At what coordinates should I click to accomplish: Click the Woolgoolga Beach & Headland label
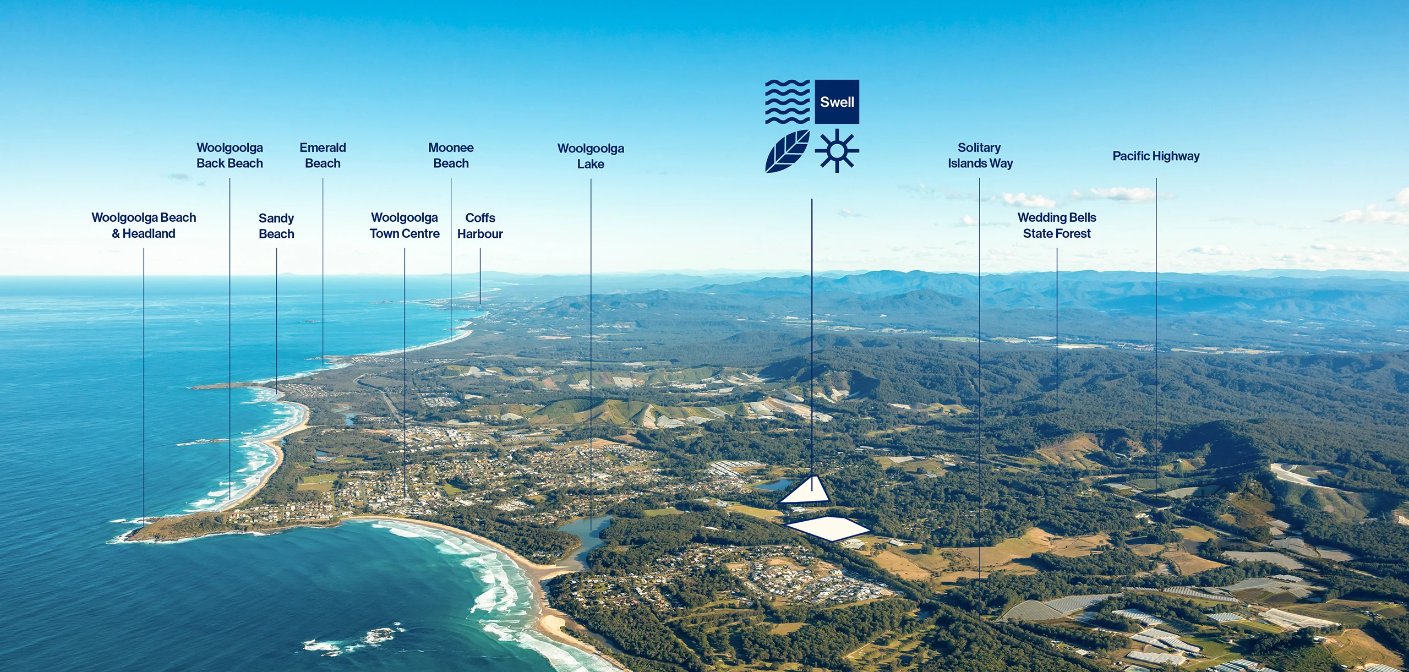[x=144, y=226]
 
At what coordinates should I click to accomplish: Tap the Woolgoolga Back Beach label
[x=230, y=156]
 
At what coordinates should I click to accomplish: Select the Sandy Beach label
[x=276, y=226]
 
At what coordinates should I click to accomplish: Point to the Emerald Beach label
[x=323, y=156]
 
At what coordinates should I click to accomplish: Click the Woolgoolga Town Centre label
[x=405, y=226]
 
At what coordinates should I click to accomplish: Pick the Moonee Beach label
[x=451, y=156]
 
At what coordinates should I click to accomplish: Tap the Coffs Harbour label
[x=480, y=226]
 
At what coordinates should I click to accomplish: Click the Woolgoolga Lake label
[x=591, y=156]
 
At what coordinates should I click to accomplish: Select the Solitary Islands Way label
[x=980, y=156]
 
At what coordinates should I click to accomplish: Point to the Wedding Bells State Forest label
[x=1057, y=226]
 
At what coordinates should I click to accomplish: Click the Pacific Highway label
[x=1156, y=156]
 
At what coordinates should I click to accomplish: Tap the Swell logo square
[x=837, y=102]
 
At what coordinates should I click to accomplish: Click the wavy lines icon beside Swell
[x=787, y=102]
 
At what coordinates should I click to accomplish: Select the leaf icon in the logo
[x=787, y=151]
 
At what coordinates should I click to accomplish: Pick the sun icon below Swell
[x=837, y=151]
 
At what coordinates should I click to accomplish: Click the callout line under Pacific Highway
[x=1156, y=330]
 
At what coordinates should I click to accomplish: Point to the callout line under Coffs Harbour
[x=480, y=275]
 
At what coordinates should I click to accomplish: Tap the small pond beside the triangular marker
[x=773, y=485]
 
